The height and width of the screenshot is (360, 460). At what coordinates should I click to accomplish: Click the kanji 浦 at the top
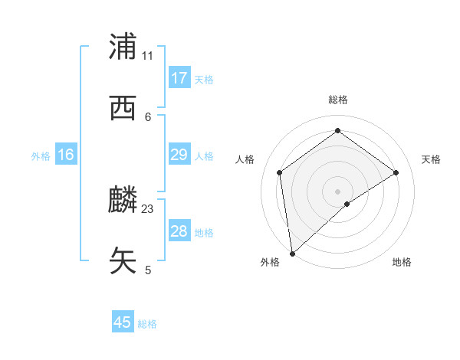[x=124, y=47]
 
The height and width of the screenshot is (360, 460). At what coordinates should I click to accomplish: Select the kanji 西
[x=124, y=108]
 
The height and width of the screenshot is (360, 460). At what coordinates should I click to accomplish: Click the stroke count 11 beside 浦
[x=148, y=55]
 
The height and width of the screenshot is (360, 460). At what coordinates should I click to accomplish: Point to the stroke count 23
[x=148, y=208]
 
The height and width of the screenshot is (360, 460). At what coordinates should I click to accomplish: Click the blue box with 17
[x=179, y=78]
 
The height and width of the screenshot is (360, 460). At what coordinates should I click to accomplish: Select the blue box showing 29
[x=179, y=155]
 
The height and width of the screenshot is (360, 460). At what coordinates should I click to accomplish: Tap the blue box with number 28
[x=179, y=231]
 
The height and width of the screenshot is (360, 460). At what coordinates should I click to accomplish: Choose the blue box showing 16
[x=66, y=155]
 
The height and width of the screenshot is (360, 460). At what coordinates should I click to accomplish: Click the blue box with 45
[x=123, y=322]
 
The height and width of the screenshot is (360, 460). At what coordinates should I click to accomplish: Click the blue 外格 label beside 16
[x=41, y=155]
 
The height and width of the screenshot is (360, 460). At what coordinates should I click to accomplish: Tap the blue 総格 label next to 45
[x=147, y=324]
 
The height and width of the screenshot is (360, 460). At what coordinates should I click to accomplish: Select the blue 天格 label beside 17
[x=204, y=79]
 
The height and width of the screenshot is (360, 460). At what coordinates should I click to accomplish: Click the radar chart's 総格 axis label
[x=337, y=100]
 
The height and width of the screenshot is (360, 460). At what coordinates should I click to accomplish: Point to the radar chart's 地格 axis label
[x=402, y=262]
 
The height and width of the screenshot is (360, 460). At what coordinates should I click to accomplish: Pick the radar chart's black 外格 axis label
[x=270, y=262]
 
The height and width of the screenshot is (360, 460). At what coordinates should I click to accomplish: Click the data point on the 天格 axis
[x=396, y=172]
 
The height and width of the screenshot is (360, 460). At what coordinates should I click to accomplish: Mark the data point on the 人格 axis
[x=280, y=172]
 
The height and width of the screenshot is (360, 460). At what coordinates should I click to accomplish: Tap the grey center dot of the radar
[x=337, y=191]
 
